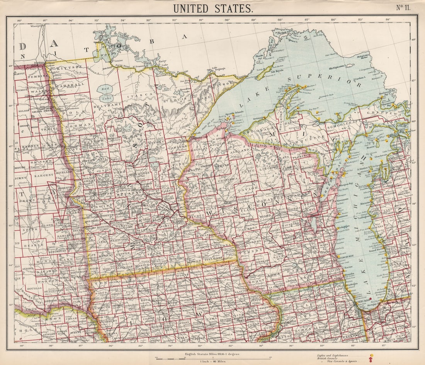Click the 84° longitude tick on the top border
coord(388,19)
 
